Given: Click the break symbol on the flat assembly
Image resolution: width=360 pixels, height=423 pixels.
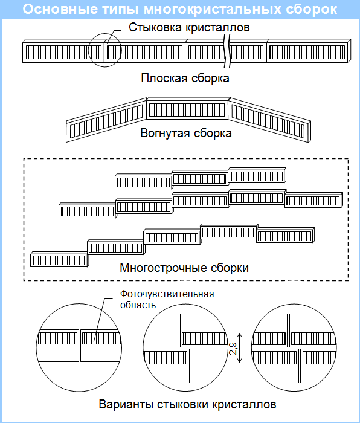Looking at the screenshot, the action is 228,51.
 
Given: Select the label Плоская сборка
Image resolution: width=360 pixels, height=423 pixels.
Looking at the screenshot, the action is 185,78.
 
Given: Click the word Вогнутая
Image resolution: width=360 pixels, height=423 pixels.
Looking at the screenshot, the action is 164,134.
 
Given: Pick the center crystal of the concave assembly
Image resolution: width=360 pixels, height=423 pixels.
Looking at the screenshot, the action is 187,108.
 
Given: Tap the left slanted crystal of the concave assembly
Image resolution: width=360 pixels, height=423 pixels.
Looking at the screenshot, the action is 106,121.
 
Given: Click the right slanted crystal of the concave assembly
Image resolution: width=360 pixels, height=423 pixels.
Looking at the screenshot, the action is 269,121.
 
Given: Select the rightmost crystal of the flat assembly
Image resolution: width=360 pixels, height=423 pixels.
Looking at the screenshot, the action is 309,51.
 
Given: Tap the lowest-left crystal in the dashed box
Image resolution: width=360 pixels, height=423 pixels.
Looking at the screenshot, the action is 59,259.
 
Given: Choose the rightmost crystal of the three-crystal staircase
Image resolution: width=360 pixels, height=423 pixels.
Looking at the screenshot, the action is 257,175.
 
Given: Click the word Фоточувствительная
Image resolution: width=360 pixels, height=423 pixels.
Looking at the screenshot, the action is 167,294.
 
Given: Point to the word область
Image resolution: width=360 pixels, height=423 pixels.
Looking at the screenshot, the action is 138,305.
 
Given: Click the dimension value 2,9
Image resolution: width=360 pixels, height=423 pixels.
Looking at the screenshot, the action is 233,348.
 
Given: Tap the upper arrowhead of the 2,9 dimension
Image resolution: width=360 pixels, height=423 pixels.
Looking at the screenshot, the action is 240,335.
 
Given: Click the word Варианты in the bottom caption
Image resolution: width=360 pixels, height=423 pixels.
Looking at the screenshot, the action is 126,405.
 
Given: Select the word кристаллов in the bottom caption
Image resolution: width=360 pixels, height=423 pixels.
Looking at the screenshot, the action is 243,405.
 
